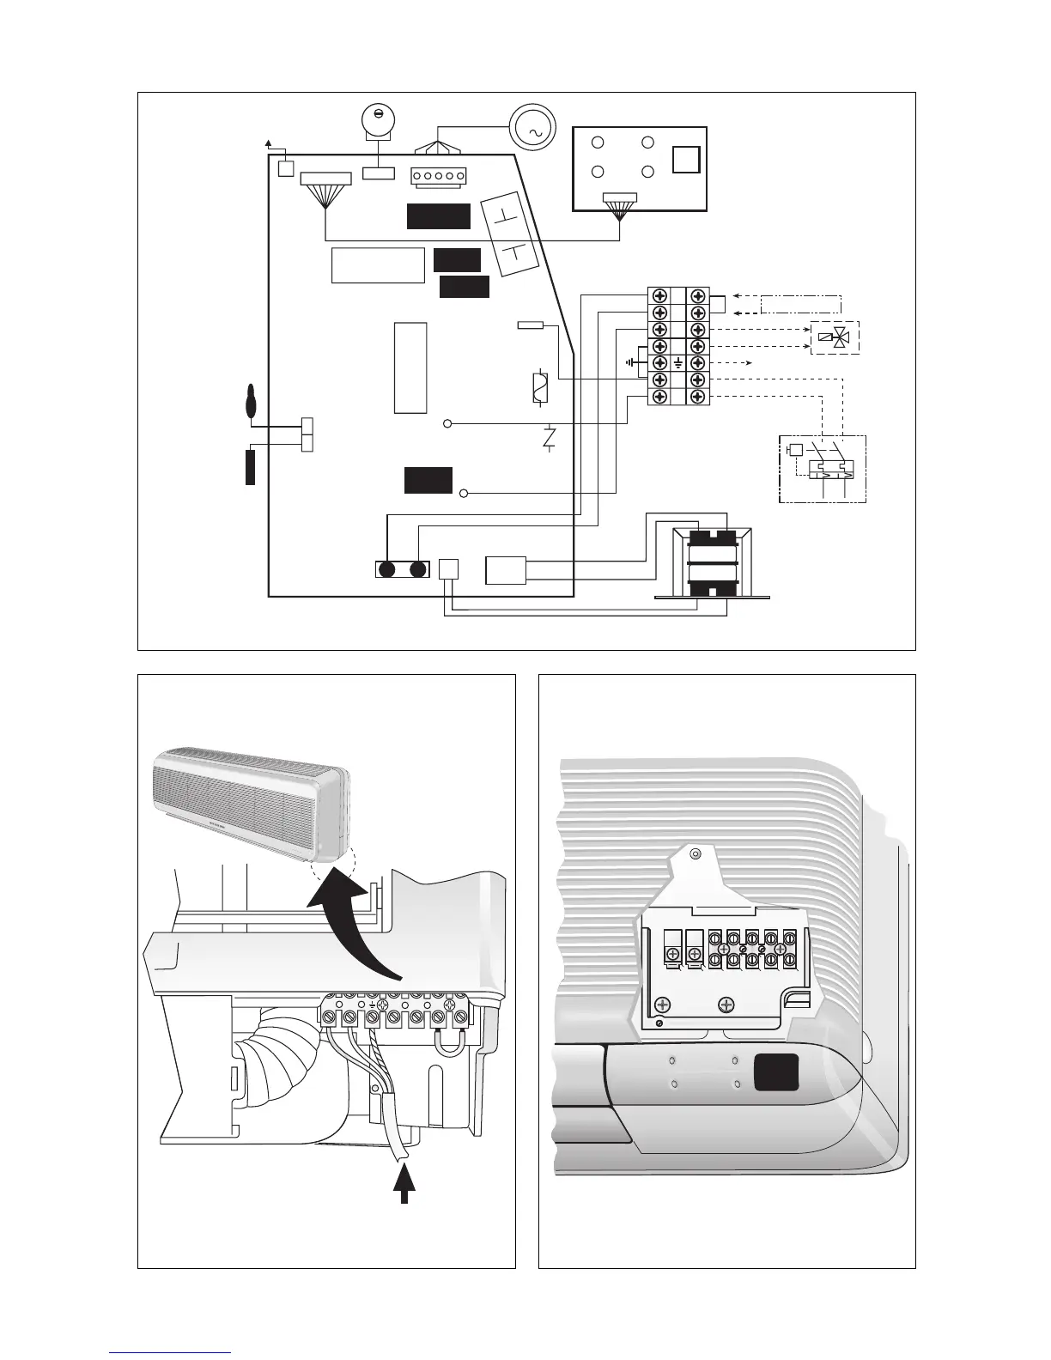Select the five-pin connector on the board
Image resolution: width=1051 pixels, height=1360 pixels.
click(438, 176)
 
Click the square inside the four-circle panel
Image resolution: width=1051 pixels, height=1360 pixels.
click(686, 160)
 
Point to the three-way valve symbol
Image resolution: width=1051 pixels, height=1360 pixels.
click(835, 338)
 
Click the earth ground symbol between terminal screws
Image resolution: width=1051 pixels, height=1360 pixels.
click(679, 363)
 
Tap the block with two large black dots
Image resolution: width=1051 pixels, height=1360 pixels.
click(402, 569)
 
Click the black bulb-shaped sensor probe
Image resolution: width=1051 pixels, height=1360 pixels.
click(251, 402)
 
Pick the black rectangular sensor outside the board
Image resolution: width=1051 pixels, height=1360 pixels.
click(251, 467)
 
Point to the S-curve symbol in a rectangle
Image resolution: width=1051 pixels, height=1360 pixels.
click(539, 388)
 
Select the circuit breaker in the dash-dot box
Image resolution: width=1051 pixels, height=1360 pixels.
click(822, 469)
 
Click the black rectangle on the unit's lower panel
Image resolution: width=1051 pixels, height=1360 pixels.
click(776, 1072)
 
